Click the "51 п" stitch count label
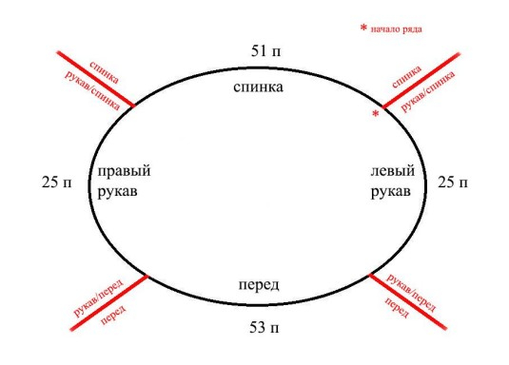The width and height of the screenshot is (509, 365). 264,50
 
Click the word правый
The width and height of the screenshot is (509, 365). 124,172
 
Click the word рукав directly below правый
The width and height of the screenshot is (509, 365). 118,192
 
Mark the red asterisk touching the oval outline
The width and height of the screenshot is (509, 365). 376,115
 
